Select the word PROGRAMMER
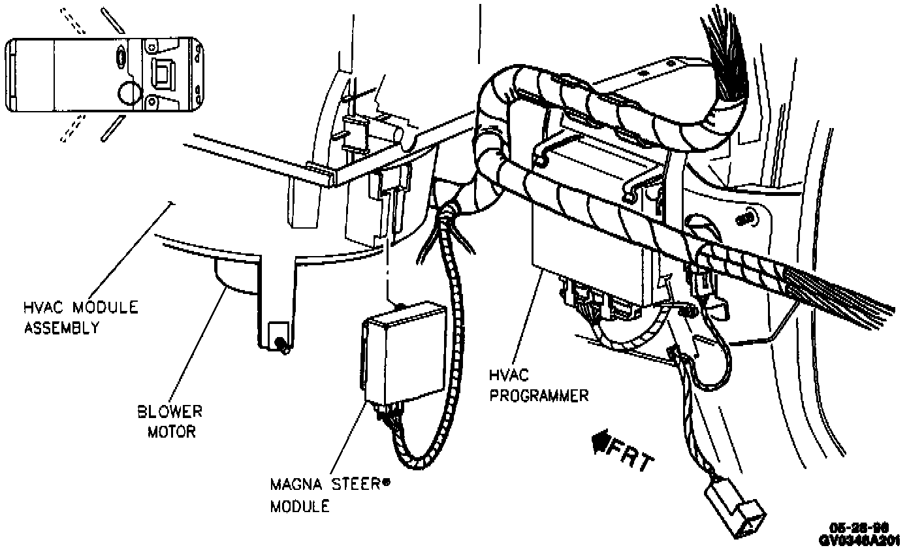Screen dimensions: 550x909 (x=539, y=395)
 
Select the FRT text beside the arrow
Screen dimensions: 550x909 (x=630, y=456)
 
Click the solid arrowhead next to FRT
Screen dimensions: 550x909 (x=599, y=444)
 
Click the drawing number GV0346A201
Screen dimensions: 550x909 (x=863, y=540)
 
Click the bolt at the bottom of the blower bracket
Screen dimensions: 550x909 (x=280, y=344)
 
